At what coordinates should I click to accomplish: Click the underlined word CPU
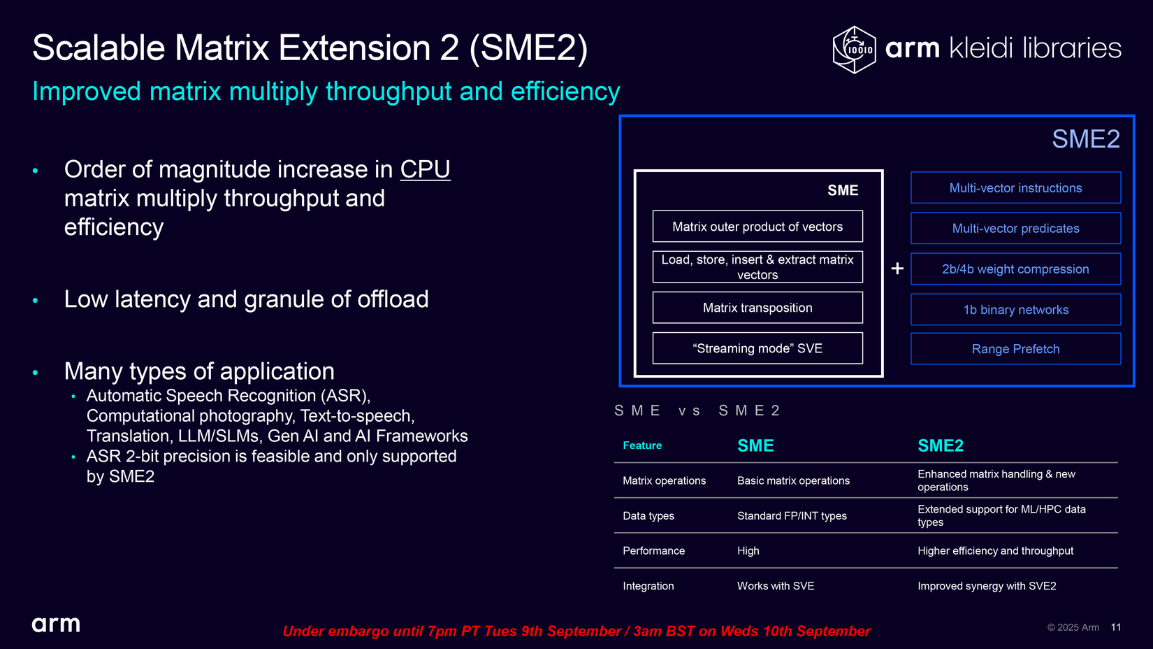point(425,169)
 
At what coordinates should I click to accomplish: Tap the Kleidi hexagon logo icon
point(855,50)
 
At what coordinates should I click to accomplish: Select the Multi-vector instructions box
point(1015,187)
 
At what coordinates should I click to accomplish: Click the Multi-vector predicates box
point(1015,228)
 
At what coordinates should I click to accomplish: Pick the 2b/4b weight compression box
point(1015,269)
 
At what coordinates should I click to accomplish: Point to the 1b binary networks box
point(1015,310)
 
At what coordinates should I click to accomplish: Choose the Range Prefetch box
point(1015,349)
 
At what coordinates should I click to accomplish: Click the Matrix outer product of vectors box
point(757,226)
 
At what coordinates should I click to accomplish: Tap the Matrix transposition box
point(757,308)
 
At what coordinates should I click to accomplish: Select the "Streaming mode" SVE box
point(757,348)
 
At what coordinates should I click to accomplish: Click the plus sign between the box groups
point(897,269)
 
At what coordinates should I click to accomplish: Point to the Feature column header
point(642,445)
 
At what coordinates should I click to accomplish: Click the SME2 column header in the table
point(941,445)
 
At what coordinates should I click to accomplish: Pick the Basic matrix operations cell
point(793,480)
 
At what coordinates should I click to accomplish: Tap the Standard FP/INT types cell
point(792,515)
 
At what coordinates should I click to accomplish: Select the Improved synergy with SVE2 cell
point(987,585)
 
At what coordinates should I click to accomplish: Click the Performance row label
point(653,550)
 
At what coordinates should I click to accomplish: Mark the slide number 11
point(1116,627)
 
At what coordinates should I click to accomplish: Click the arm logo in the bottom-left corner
point(56,625)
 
